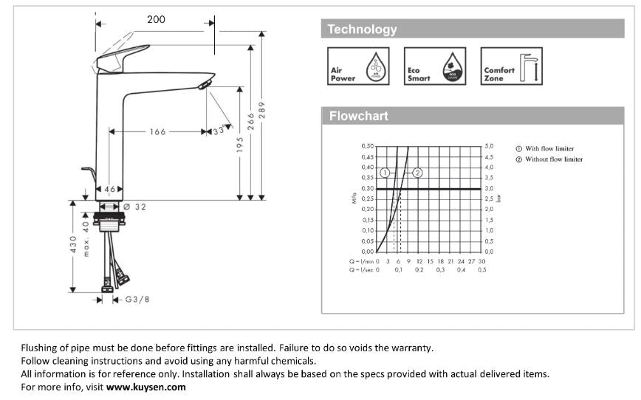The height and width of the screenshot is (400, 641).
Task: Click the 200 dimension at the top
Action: point(156,19)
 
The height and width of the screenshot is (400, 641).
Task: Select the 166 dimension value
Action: point(157,132)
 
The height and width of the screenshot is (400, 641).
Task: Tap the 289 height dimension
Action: point(261,113)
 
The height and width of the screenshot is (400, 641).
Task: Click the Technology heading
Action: point(362,30)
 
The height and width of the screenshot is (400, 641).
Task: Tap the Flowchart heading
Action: point(358,116)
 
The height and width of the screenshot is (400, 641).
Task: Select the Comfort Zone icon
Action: point(511,66)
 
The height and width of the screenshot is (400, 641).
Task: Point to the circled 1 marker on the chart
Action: point(385,173)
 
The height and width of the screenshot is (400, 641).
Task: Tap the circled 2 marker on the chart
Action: point(417,173)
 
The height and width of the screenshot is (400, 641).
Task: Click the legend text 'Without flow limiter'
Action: point(553,159)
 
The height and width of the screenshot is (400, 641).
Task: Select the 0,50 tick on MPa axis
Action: point(367,146)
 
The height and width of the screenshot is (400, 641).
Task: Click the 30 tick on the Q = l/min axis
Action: point(481,261)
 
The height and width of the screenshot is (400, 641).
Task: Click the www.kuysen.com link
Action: point(146,387)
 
